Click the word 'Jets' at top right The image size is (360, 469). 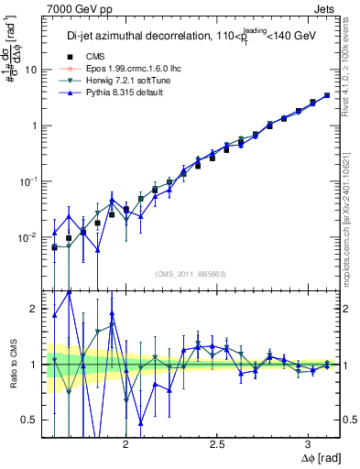pyautogui.click(x=325, y=7)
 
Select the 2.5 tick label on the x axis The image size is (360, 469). pyautogui.click(x=217, y=442)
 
